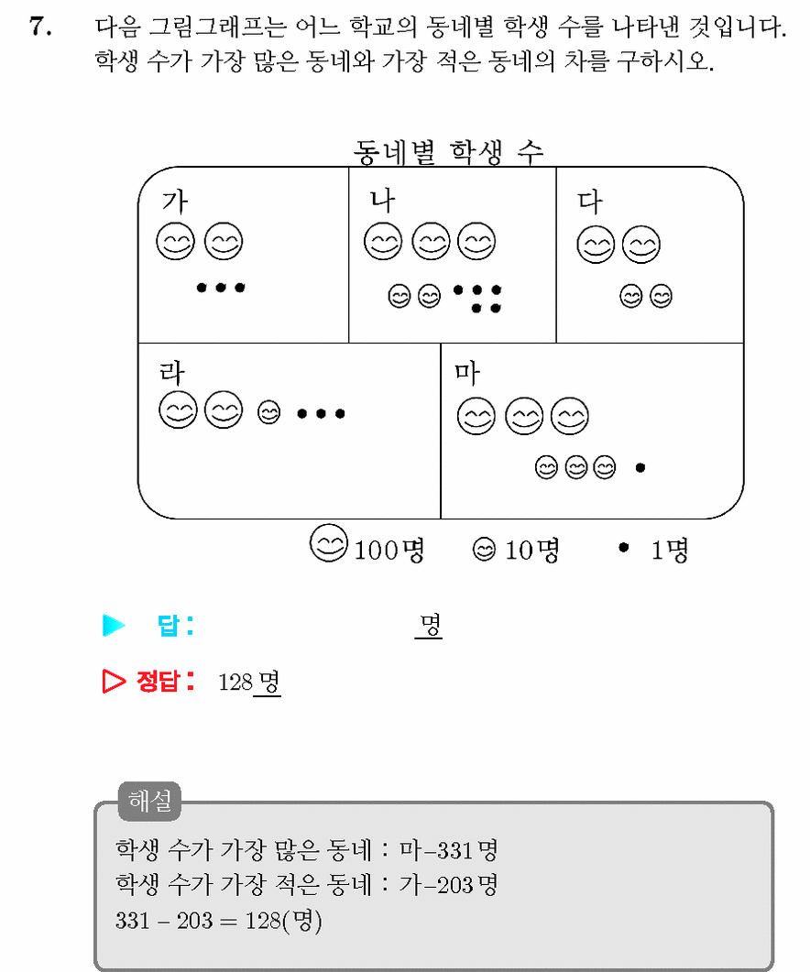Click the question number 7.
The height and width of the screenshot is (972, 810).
click(41, 27)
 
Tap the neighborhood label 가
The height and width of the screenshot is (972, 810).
click(174, 201)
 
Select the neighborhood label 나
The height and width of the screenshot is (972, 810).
click(382, 201)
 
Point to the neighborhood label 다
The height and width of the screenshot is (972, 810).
click(590, 202)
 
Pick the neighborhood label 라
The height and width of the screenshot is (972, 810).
click(171, 373)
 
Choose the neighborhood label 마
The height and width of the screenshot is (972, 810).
click(467, 373)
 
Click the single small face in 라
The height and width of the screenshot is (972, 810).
click(268, 412)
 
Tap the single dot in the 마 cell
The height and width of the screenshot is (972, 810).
click(640, 467)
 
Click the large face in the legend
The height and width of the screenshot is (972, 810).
click(329, 543)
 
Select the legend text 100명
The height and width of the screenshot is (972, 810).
click(389, 550)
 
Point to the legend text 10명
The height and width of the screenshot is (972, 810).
click(532, 550)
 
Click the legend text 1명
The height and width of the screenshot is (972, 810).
click(670, 550)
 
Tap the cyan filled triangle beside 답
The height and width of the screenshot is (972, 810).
click(114, 625)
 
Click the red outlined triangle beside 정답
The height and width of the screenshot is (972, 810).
click(114, 682)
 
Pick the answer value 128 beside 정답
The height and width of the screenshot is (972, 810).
click(235, 683)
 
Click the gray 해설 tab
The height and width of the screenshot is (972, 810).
click(149, 801)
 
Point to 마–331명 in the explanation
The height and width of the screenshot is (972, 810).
click(448, 850)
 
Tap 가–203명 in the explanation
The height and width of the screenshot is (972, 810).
click(448, 885)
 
